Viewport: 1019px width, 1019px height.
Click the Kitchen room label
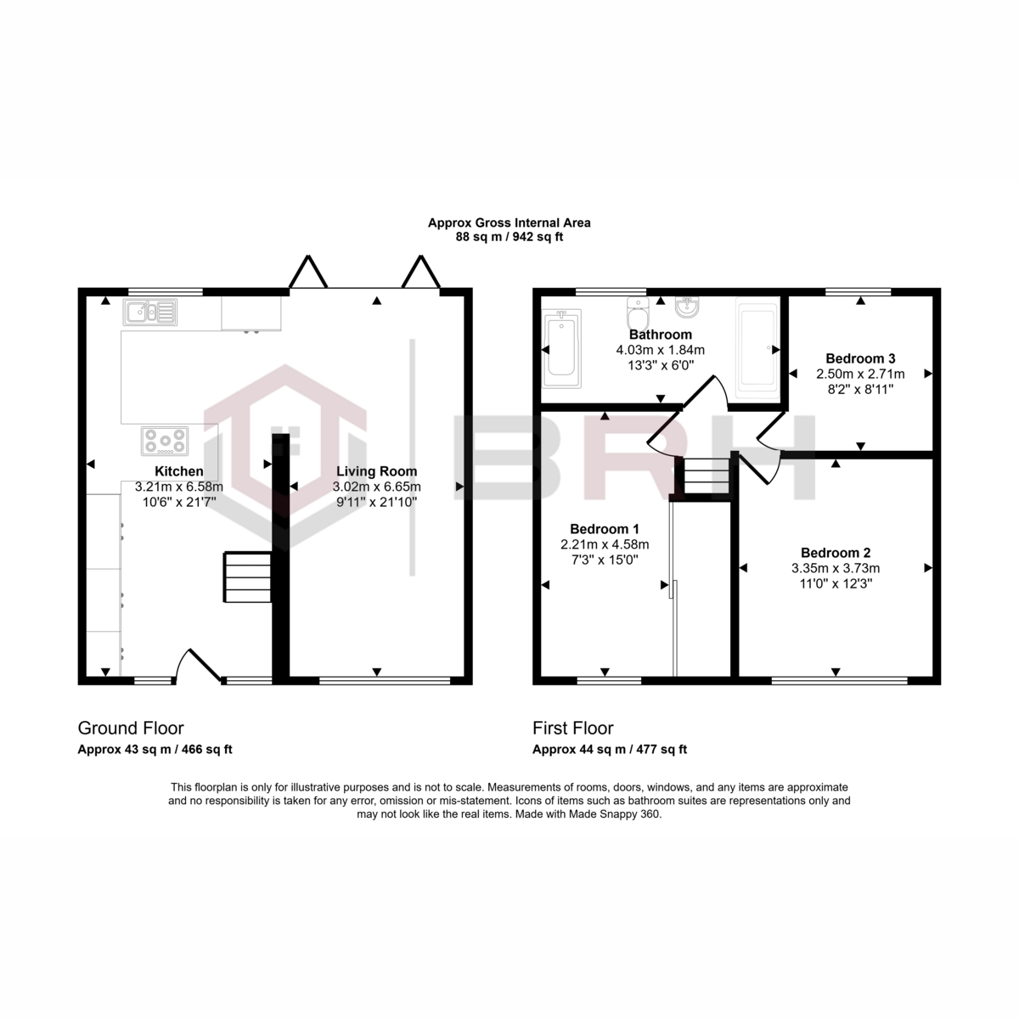178,471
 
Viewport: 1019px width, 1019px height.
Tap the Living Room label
376,471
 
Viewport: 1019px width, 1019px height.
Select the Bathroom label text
660,335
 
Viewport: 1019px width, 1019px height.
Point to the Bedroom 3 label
860,358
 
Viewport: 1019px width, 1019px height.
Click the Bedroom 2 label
836,553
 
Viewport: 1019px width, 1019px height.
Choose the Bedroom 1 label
605,529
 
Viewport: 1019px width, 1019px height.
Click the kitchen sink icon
150,312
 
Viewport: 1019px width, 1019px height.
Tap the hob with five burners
165,441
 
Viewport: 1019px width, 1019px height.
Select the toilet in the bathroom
638,313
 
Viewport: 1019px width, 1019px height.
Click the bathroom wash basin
688,307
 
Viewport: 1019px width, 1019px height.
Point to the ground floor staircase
248,577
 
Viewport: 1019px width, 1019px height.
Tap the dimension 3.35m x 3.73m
836,568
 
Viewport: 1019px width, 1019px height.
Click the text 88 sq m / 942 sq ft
509,237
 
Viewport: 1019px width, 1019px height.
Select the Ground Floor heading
131,728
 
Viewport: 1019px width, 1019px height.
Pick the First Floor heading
572,728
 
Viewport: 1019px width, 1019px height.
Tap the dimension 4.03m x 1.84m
660,350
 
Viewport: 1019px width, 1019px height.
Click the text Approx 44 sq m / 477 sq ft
610,749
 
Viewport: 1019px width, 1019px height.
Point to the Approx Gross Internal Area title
509,223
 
